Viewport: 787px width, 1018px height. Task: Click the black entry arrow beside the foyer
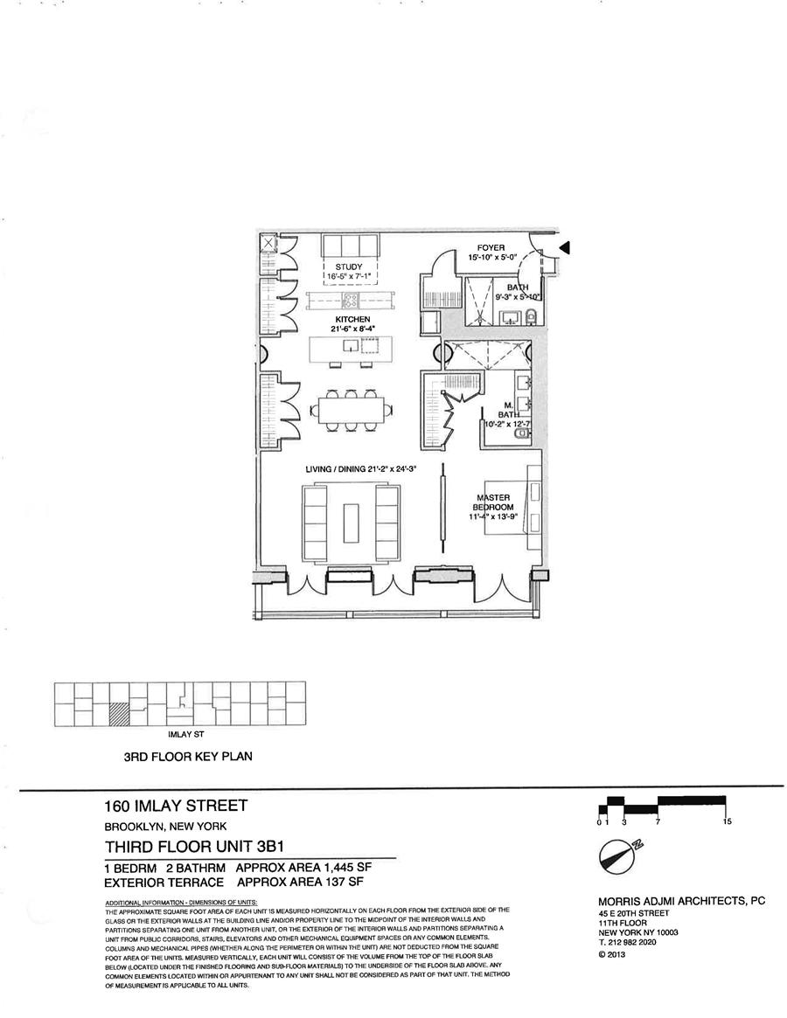coord(565,248)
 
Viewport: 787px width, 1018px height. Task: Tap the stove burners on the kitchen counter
coord(351,302)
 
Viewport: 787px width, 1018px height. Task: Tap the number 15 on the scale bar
coord(727,822)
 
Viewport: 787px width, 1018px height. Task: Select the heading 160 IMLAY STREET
coord(176,806)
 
